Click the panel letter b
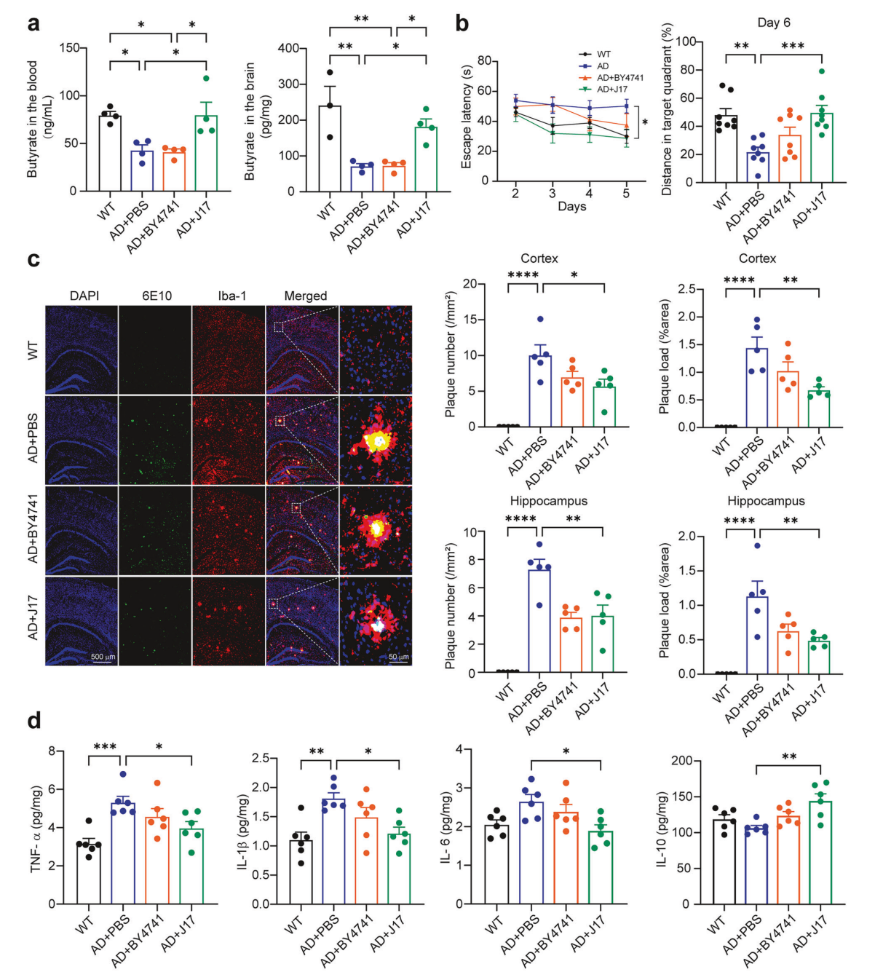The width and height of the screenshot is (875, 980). [x=462, y=24]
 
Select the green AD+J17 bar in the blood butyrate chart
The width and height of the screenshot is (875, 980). [x=206, y=154]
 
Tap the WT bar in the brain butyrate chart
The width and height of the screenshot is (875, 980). [x=329, y=149]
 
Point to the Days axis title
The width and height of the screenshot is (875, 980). [x=571, y=207]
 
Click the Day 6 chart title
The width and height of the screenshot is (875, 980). [x=773, y=23]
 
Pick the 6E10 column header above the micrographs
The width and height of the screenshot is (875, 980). [x=156, y=296]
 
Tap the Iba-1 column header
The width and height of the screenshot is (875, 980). [x=231, y=296]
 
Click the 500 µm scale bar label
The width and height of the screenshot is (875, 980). [x=103, y=657]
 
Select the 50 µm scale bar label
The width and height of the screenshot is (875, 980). [x=397, y=657]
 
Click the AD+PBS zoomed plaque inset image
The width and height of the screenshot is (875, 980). [x=376, y=440]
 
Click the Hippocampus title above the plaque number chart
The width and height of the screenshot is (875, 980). [x=548, y=501]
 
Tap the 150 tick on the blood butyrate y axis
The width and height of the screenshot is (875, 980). [x=70, y=48]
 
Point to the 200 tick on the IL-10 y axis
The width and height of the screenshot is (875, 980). [x=681, y=761]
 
